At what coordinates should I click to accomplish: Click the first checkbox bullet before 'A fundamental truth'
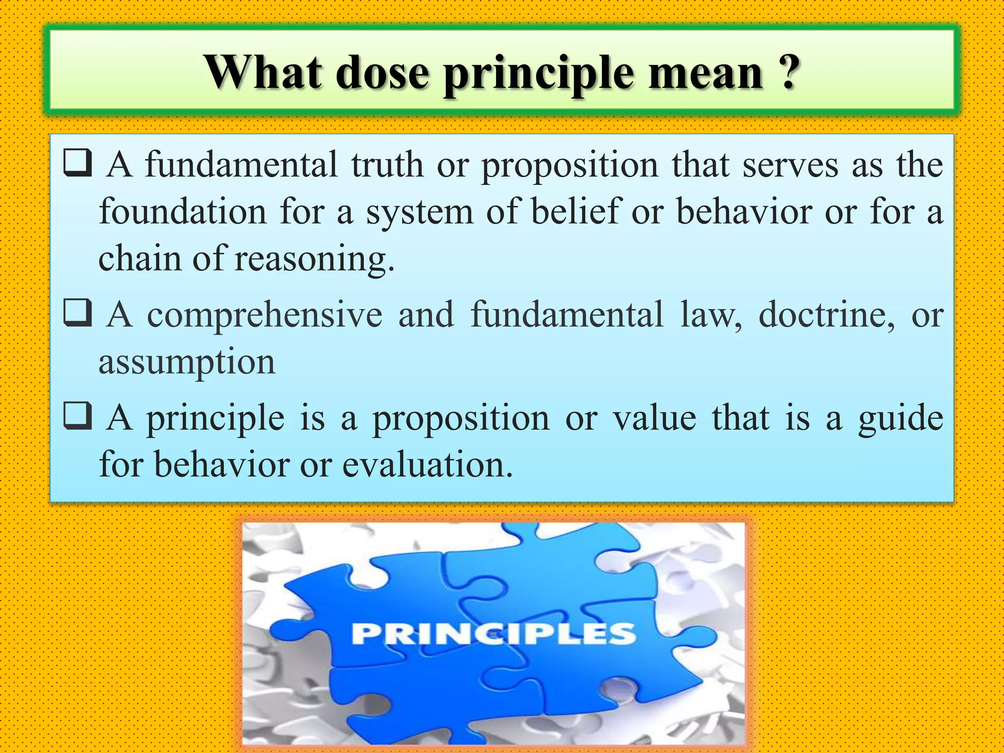(x=77, y=163)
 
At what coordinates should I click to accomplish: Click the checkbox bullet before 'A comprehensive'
(x=77, y=313)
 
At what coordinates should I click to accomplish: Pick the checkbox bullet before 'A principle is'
(x=77, y=416)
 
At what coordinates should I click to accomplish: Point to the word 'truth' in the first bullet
(x=387, y=165)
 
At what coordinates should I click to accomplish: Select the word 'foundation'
(x=183, y=212)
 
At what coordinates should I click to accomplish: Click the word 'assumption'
(x=187, y=363)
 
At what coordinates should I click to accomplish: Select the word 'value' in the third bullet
(x=655, y=418)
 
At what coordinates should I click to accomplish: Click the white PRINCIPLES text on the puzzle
(x=493, y=633)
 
